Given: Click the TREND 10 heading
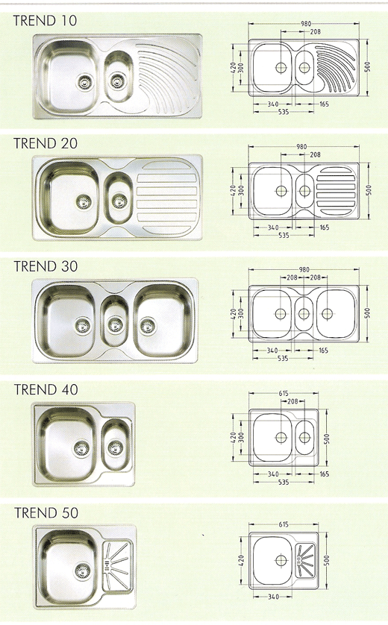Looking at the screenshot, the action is point(45,20).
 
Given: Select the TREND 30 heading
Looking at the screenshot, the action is point(46,266).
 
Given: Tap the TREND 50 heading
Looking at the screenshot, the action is point(46,512).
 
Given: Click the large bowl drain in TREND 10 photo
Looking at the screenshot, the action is point(84,82).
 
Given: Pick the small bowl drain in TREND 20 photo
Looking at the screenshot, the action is point(119,201).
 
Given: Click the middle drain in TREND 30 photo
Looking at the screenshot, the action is point(115,324).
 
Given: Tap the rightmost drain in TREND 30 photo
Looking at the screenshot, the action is point(148,325).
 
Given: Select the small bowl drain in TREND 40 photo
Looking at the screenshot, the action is point(115,448).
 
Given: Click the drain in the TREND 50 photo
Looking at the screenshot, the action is point(83,571).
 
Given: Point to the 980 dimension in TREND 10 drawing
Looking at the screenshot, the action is point(305,24).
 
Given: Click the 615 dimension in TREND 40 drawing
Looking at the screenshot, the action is point(283,393).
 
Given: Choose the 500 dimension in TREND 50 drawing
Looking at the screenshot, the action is point(327,560).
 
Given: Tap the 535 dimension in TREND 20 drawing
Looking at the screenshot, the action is point(284,236).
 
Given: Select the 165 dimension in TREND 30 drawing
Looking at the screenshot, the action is point(323,351).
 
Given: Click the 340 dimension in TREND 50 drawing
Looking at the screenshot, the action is point(274,597).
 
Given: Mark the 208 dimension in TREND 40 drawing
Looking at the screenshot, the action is point(292,401).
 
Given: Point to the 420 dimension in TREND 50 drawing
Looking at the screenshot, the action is point(241,560).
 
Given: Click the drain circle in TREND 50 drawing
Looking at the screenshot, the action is point(281,560).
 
